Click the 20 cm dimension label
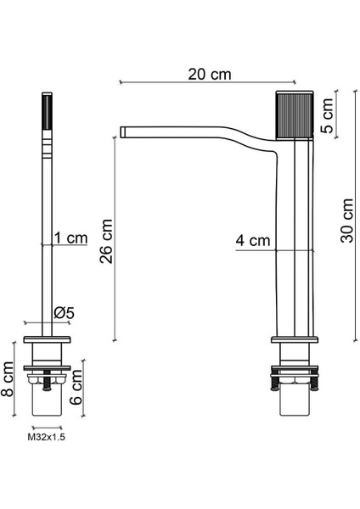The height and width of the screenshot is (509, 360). (x=209, y=74)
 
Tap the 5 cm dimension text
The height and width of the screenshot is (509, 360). (x=338, y=115)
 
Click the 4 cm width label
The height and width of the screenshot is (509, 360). (x=253, y=241)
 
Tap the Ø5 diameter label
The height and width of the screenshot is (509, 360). (x=64, y=312)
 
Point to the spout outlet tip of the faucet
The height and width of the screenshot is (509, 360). (x=125, y=131)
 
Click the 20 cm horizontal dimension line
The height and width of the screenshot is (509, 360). (x=170, y=83)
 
